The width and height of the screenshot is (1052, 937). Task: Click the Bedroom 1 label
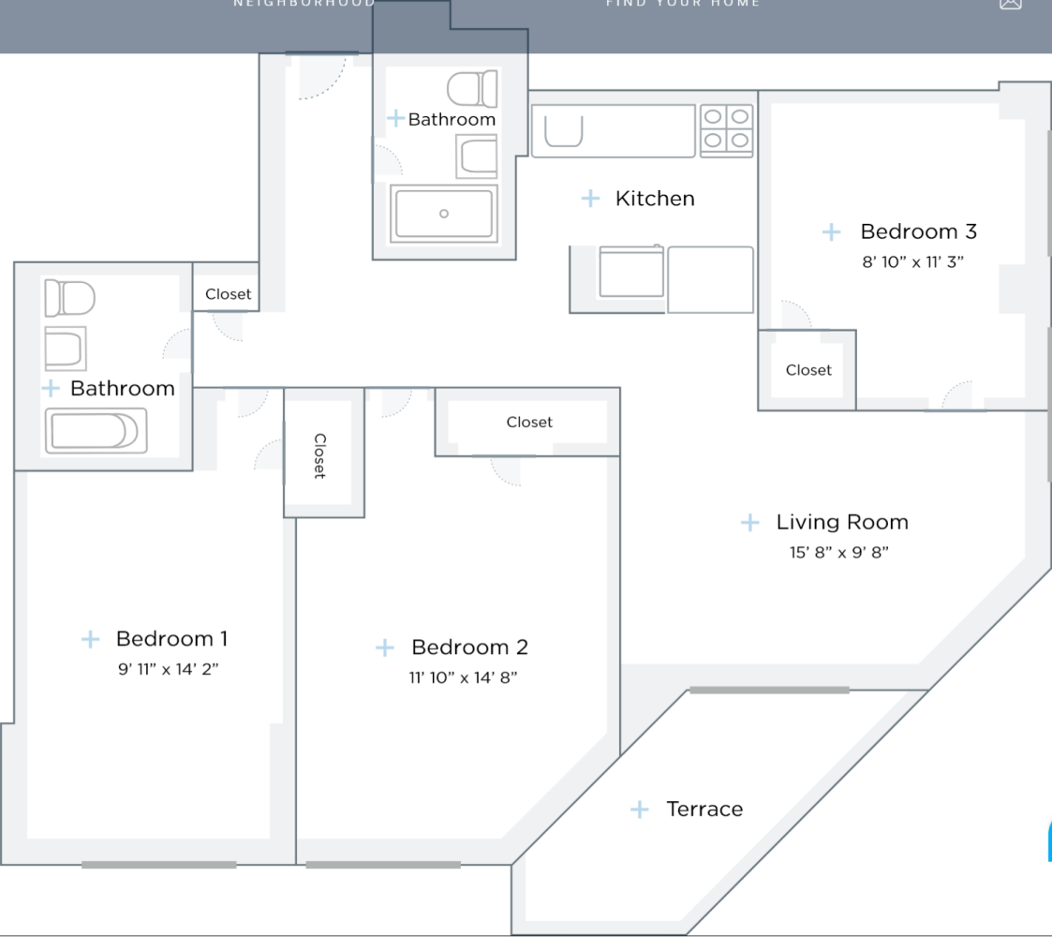coord(171,639)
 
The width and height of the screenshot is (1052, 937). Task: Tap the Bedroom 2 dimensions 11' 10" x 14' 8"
coord(463,677)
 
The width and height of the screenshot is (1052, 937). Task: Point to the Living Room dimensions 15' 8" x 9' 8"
coord(838,552)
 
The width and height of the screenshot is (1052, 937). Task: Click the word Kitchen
coord(655,199)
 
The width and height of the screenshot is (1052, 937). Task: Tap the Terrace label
coord(704,809)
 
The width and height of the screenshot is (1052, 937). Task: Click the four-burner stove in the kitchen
coord(727,129)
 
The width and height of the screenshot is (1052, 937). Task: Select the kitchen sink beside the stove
coord(562,130)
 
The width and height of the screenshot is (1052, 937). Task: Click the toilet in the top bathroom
coord(472,89)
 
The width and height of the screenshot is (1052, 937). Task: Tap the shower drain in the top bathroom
coord(444,214)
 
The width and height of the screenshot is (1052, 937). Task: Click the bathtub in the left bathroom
coord(95,432)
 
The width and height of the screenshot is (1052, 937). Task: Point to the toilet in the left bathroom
coord(69,298)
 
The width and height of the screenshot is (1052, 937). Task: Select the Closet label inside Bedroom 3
coord(808,370)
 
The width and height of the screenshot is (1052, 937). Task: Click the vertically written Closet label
coord(320,455)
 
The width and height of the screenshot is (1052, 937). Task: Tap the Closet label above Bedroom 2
coord(529,423)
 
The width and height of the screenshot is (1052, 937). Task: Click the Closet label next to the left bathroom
coord(229,294)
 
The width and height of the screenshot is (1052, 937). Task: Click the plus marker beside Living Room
coord(750,522)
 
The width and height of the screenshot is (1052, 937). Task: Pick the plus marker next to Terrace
coord(639,809)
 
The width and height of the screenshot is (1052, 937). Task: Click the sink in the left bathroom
coord(66,348)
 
